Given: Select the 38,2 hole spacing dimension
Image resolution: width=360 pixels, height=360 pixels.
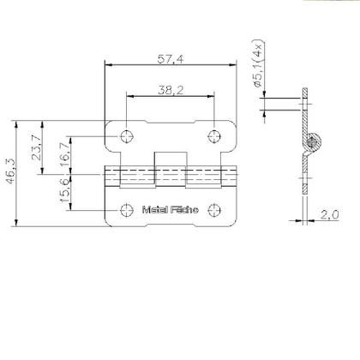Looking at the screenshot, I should point(170,89).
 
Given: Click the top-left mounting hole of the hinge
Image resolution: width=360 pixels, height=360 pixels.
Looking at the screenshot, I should point(128,136).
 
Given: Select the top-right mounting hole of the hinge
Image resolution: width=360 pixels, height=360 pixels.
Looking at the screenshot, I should point(213,136).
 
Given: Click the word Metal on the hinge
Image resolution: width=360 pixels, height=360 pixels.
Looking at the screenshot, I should point(154,210).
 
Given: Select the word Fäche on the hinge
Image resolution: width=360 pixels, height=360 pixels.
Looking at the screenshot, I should point(184,210).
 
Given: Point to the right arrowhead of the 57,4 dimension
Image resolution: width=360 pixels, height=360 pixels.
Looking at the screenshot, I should point(233,63).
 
